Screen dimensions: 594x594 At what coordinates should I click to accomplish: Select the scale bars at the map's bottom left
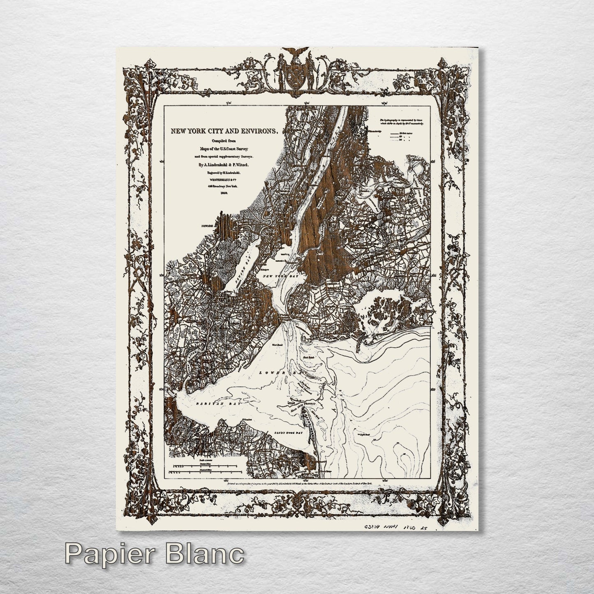201,467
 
